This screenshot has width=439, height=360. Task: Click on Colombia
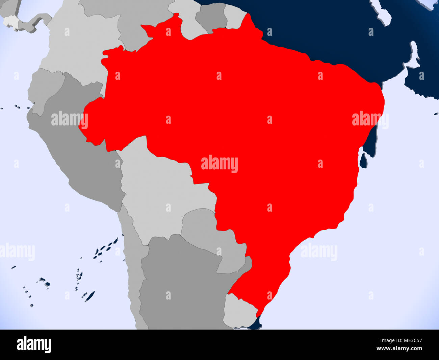81,51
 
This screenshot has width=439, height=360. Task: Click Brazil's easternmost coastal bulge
380,101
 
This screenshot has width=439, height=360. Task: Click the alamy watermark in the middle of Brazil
219,164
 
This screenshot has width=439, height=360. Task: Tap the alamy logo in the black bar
34,345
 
